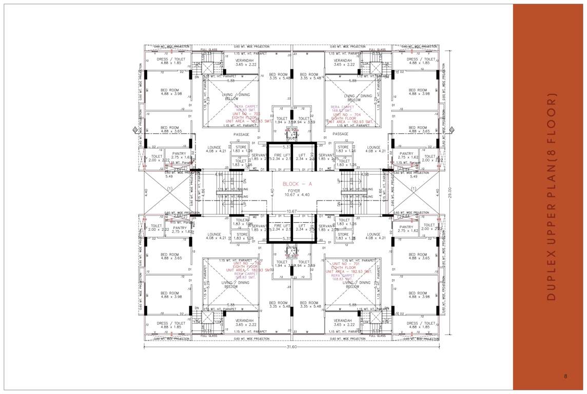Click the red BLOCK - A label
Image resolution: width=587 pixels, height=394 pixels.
(x=298, y=184)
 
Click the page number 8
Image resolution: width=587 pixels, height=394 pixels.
(x=565, y=376)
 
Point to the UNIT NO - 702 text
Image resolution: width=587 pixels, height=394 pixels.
(x=247, y=264)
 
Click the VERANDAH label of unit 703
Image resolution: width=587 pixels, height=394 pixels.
(x=245, y=60)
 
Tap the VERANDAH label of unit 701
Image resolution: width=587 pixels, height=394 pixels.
(x=346, y=321)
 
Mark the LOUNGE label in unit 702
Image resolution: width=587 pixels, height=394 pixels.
(x=214, y=234)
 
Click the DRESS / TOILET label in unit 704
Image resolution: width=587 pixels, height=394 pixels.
(x=419, y=59)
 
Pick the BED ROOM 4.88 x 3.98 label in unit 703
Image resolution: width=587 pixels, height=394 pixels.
(x=170, y=90)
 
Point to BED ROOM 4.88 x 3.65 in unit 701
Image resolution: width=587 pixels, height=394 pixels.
(x=418, y=254)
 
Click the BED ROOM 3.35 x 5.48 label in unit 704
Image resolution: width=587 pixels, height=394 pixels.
(x=309, y=75)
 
